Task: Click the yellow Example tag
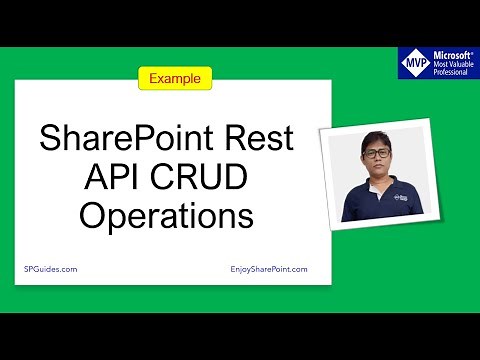coord(174,77)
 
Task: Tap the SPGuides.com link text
coord(50,269)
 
